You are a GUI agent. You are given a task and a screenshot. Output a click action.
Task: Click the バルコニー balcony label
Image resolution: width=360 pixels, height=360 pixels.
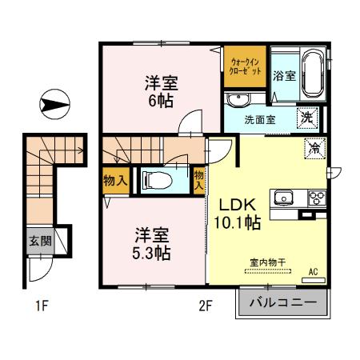point(282,304)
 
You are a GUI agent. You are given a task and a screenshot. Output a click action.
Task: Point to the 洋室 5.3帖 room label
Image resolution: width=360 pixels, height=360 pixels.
point(150,243)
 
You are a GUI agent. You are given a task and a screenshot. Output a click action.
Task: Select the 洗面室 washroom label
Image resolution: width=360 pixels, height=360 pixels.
point(261,120)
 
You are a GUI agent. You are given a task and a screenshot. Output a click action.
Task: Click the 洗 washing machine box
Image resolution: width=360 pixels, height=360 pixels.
point(307,118)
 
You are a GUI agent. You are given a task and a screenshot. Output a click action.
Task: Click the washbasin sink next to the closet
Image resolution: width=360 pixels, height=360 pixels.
point(236,100)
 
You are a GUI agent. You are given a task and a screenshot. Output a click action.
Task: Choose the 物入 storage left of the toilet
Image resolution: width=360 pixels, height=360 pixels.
point(114,182)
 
